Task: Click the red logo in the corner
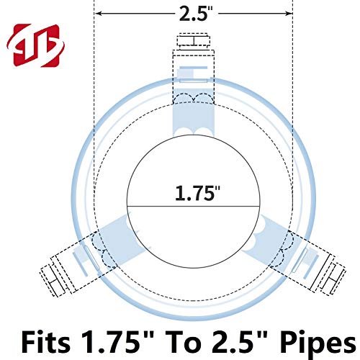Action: point(35,45)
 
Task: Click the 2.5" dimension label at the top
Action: point(196,14)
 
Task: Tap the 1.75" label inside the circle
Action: point(197,193)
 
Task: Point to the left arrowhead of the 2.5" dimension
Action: point(99,14)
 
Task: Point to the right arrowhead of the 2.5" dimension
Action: point(288,14)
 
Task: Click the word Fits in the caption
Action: point(46,341)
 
